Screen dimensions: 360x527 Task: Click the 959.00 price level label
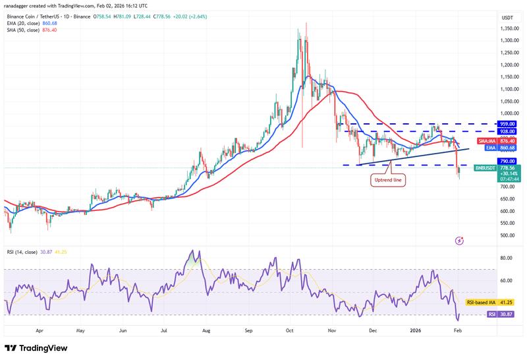coord(507,123)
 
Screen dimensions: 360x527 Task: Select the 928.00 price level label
coord(507,131)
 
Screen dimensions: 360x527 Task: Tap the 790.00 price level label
coord(507,161)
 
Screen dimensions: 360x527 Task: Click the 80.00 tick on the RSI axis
coord(507,258)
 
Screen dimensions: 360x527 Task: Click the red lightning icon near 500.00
coord(458,241)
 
